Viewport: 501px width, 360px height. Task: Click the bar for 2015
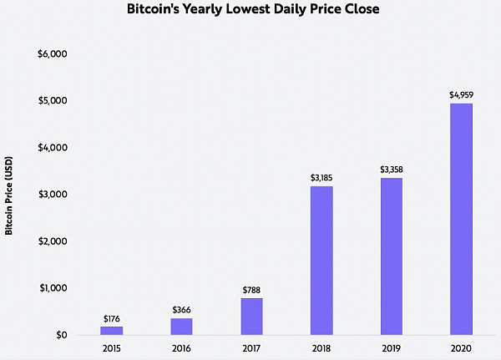pyautogui.click(x=112, y=331)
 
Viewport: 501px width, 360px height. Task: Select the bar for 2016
pyautogui.click(x=181, y=327)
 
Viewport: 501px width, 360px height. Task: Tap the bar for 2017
pyautogui.click(x=251, y=317)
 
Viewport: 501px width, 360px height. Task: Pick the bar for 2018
pyautogui.click(x=321, y=261)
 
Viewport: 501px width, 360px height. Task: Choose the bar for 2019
pyautogui.click(x=391, y=256)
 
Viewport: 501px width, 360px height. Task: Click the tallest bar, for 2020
pyautogui.click(x=461, y=219)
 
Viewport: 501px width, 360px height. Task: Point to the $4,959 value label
pyautogui.click(x=461, y=95)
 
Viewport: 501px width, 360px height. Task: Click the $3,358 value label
pyautogui.click(x=391, y=170)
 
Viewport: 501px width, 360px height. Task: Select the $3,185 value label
pyautogui.click(x=321, y=178)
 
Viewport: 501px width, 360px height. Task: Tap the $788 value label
pyautogui.click(x=251, y=290)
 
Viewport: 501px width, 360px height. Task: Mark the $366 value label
pyautogui.click(x=181, y=310)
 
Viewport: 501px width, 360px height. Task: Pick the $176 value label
pyautogui.click(x=112, y=318)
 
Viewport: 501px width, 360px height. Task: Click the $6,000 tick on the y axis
pyautogui.click(x=53, y=54)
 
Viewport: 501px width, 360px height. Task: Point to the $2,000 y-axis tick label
pyautogui.click(x=53, y=241)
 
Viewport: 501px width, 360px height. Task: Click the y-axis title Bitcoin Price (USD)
pyautogui.click(x=9, y=194)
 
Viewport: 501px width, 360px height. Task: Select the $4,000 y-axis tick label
pyautogui.click(x=53, y=148)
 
